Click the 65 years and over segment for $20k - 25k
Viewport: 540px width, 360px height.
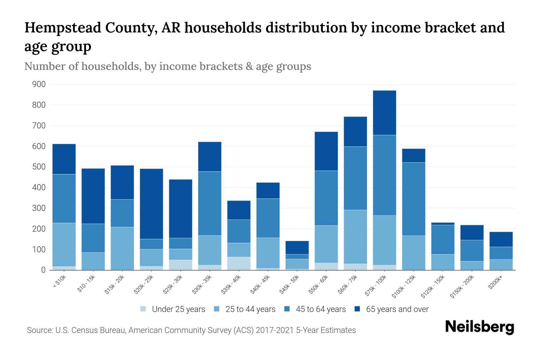click(x=151, y=204)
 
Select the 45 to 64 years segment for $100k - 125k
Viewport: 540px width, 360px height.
click(x=414, y=199)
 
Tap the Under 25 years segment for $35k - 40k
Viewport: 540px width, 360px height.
click(x=239, y=263)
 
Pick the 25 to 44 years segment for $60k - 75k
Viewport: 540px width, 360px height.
click(x=355, y=237)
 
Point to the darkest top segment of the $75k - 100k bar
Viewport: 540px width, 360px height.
click(x=384, y=112)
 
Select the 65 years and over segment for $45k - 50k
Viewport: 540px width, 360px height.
click(x=297, y=247)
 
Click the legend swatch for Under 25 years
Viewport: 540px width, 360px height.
click(x=143, y=309)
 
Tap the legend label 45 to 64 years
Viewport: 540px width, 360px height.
click(x=320, y=309)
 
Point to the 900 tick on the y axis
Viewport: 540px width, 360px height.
click(x=39, y=84)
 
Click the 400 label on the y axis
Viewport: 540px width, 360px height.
click(x=39, y=187)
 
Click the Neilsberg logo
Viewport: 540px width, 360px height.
click(x=479, y=327)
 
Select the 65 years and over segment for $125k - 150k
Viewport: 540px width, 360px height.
click(x=442, y=223)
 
